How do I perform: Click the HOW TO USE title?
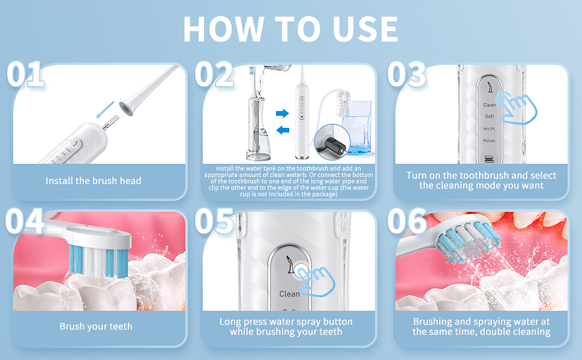pyautogui.click(x=290, y=29)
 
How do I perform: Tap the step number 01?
pyautogui.click(x=25, y=74)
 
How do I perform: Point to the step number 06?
pyautogui.click(x=407, y=221)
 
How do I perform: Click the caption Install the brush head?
pyautogui.click(x=94, y=181)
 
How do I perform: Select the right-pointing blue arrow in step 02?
pyautogui.click(x=282, y=113)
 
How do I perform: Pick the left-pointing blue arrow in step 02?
pyautogui.click(x=283, y=130)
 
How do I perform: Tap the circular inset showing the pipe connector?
pyautogui.click(x=332, y=142)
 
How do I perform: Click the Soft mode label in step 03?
pyautogui.click(x=489, y=116)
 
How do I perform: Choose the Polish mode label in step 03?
pyautogui.click(x=489, y=140)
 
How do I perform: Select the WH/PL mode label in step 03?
pyautogui.click(x=489, y=129)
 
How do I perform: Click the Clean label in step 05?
pyautogui.click(x=290, y=294)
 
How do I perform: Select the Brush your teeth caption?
pyautogui.click(x=96, y=326)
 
